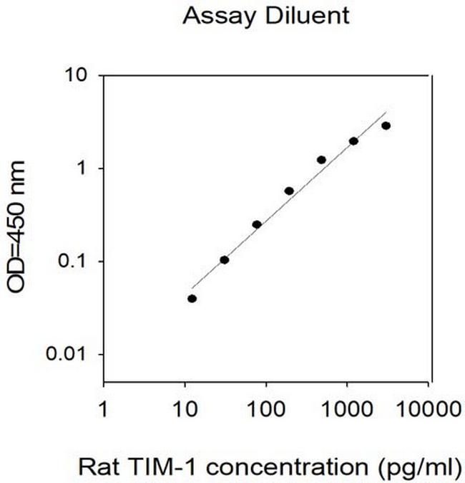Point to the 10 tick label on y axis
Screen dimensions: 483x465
79,75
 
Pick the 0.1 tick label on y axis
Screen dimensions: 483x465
74,262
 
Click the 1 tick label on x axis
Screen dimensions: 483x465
105,409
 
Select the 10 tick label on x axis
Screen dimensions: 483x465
185,409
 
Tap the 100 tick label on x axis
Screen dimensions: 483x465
266,409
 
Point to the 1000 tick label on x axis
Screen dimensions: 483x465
347,409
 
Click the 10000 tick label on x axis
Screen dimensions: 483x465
428,409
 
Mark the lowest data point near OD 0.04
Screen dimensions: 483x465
192,298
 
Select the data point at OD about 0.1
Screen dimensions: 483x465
224,259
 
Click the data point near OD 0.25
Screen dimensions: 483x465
256,224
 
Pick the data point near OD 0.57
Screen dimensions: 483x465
289,191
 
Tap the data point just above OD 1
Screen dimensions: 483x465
321,160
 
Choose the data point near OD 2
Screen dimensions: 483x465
353,141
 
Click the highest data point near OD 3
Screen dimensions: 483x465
386,125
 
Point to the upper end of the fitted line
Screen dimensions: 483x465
386,112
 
